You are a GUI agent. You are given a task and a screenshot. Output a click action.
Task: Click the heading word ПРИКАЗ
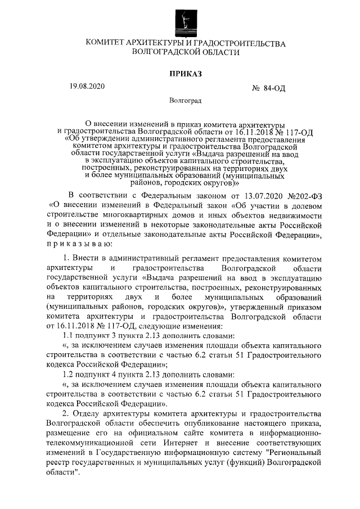point(185,73)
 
